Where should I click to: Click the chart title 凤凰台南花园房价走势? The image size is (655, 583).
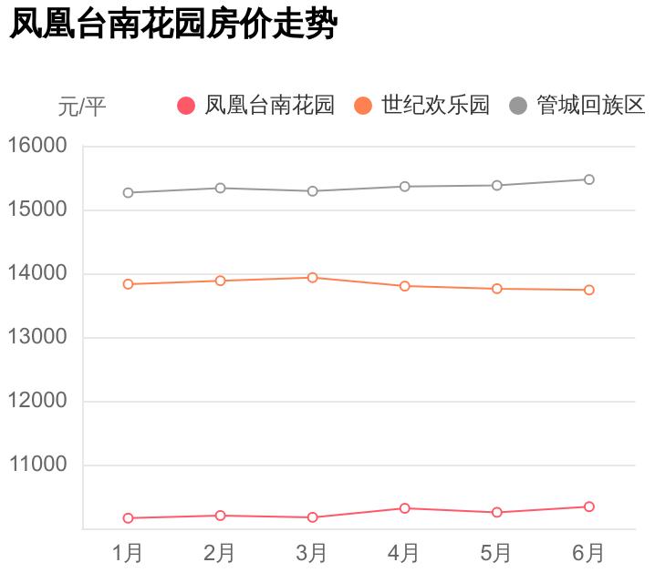coord(173,25)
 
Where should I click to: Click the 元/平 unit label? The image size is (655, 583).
coord(82,107)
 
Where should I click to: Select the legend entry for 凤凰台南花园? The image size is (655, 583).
coord(256,106)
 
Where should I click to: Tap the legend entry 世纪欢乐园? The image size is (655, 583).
coord(422,106)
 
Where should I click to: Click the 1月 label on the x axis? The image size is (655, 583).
coord(128,553)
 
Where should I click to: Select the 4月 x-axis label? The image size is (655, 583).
coord(404,553)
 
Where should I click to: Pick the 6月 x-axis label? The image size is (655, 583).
coord(588,553)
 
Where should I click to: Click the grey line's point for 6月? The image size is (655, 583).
coord(589,179)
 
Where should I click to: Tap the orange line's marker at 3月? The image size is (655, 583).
coord(312,277)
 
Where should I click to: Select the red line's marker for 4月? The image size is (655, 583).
coord(404,508)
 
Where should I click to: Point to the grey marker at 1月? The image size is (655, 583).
coord(128,193)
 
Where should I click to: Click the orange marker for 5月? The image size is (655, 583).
coord(497,289)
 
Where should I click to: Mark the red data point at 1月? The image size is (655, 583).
coord(128,518)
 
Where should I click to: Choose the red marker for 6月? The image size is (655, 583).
coord(589,506)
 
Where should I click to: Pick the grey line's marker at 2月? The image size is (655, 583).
coord(220,188)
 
